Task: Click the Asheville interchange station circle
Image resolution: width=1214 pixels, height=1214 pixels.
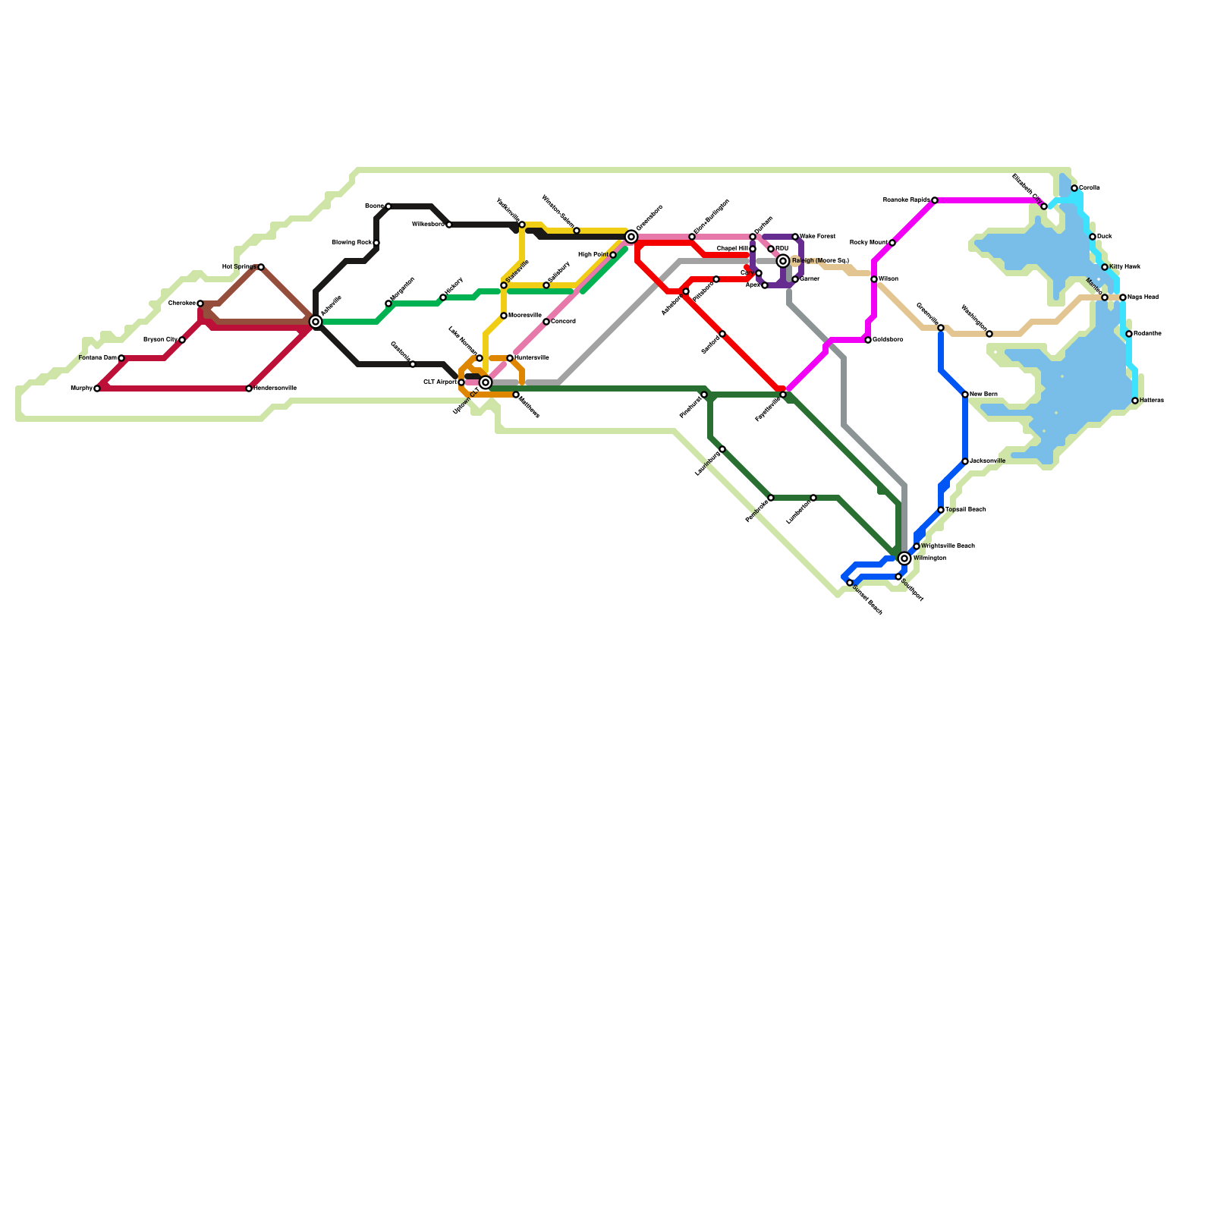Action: [316, 322]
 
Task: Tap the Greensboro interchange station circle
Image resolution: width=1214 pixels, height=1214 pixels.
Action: [631, 237]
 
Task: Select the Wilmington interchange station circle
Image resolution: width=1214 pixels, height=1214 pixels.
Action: [904, 558]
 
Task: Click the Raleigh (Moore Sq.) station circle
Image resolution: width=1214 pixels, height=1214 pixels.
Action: [783, 261]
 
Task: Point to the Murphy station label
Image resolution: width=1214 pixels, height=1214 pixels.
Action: [80, 388]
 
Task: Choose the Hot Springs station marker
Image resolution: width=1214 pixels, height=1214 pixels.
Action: [261, 267]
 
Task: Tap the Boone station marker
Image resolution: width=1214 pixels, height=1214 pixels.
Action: [388, 206]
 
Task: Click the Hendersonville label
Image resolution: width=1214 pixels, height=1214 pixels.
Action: [275, 388]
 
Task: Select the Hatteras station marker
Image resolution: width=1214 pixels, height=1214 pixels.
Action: [1135, 401]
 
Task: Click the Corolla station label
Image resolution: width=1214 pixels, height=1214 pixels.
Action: [1090, 187]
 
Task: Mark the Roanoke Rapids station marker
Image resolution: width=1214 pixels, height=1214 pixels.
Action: [935, 200]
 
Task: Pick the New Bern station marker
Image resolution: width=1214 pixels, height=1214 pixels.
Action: [965, 395]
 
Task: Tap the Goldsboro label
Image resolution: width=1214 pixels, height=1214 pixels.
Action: [888, 339]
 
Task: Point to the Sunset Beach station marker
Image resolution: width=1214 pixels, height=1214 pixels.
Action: [850, 583]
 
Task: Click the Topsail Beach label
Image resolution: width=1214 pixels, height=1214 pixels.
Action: [965, 510]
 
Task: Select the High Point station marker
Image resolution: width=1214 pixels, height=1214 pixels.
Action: [613, 255]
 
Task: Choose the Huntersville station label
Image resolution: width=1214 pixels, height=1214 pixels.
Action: [532, 357]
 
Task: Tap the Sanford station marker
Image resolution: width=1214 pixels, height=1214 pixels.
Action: [722, 334]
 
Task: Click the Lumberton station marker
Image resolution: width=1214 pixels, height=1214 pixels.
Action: [813, 498]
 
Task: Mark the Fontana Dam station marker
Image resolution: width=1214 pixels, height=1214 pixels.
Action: [121, 358]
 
